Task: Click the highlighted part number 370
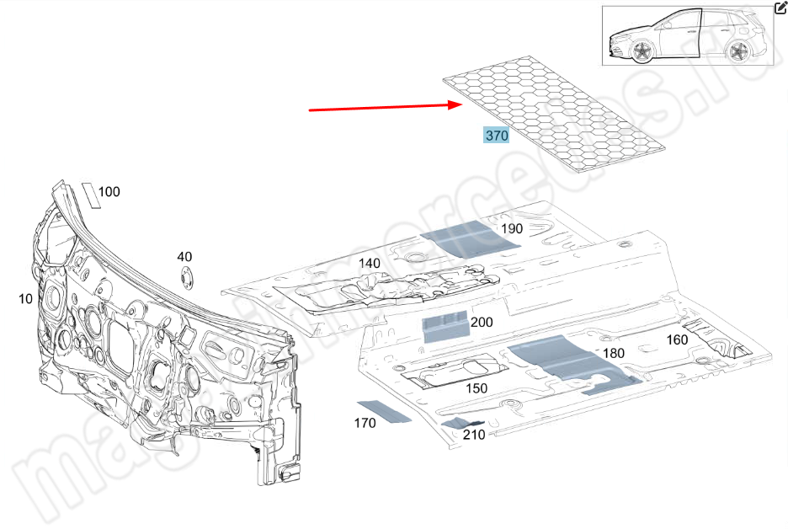pos(496,136)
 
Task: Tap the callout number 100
pos(109,192)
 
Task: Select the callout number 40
pos(184,257)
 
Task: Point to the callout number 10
pos(25,298)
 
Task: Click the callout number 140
pos(370,263)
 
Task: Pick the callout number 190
pos(512,228)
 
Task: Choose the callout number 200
pos(482,322)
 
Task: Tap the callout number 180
pos(614,353)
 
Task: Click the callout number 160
pos(677,340)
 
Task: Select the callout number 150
pos(477,388)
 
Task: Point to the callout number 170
pos(365,423)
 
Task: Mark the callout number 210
pos(474,435)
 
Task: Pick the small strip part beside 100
pos(89,195)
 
